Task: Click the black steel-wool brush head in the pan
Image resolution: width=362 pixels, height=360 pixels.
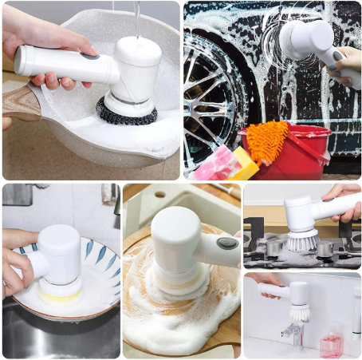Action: coord(126,111)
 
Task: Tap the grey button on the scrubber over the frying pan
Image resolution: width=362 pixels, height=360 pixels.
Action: coord(90,56)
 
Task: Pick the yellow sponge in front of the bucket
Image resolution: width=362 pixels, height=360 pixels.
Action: coord(244,163)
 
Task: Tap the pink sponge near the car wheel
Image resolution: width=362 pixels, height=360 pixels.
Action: coord(213,167)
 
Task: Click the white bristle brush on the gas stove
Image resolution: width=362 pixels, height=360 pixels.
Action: coord(301,239)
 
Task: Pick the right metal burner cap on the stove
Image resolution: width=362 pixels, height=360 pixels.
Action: coord(325,249)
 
